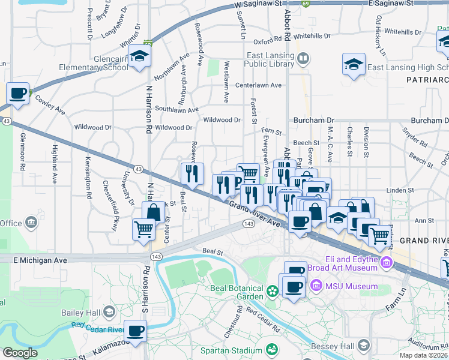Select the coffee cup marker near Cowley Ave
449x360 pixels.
click(18, 94)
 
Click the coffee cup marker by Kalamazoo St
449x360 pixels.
click(136, 330)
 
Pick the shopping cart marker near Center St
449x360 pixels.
click(143, 229)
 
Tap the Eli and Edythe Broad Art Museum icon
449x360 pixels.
click(386, 262)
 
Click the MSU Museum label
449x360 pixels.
click(351, 286)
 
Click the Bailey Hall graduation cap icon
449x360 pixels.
click(109, 312)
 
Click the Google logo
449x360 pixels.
click(20, 353)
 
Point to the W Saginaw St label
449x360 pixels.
click(259, 4)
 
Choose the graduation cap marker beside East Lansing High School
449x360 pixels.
click(354, 64)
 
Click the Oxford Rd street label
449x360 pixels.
click(268, 41)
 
